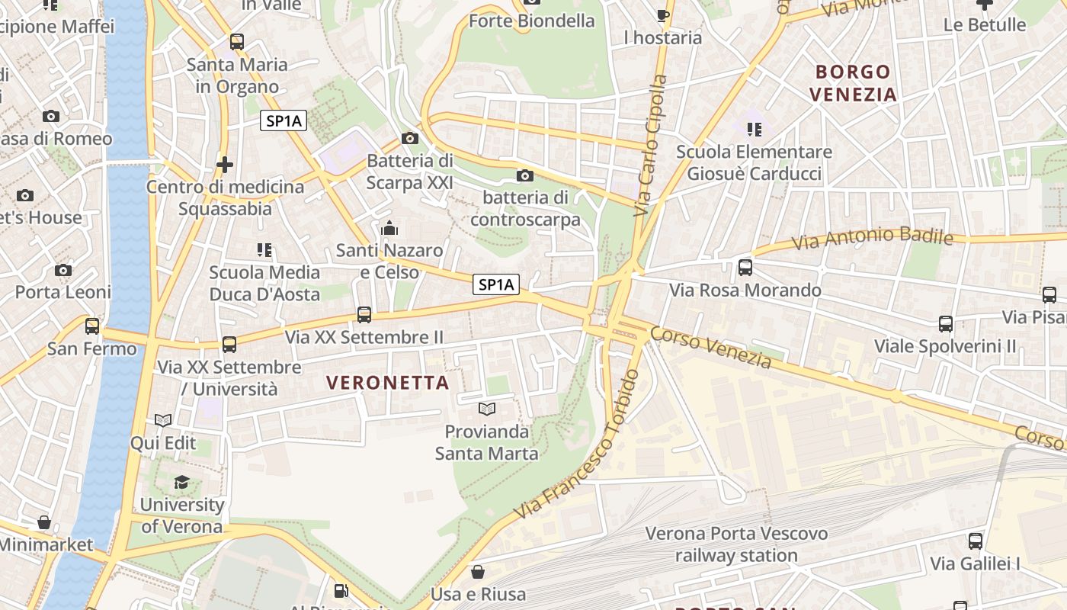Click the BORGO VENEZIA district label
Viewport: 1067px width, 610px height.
(x=853, y=83)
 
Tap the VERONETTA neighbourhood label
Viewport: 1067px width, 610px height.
(x=388, y=383)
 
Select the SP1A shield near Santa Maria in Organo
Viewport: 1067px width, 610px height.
(x=283, y=120)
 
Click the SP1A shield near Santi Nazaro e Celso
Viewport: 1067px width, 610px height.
(x=496, y=285)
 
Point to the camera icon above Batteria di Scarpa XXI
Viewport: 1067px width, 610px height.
(x=410, y=138)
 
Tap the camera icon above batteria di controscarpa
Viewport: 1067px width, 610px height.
(x=524, y=176)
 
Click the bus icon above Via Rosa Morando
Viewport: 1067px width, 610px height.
(x=745, y=268)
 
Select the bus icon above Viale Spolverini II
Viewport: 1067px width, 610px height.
(x=946, y=323)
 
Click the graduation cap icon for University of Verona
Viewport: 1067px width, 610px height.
(x=181, y=482)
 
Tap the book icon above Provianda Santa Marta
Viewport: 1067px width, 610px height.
(x=487, y=409)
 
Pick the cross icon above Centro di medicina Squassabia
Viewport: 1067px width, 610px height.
(x=225, y=164)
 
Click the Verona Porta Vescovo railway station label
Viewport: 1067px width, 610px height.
(x=736, y=544)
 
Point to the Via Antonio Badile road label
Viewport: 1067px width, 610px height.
(x=872, y=239)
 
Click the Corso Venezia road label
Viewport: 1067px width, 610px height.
(x=711, y=348)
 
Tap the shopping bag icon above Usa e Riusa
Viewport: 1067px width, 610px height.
(x=478, y=571)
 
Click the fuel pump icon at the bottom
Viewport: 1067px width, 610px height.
(x=341, y=591)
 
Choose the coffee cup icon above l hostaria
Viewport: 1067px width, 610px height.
(x=663, y=14)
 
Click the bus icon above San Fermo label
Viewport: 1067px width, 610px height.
(x=92, y=326)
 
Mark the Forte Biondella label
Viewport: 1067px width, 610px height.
(x=531, y=21)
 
